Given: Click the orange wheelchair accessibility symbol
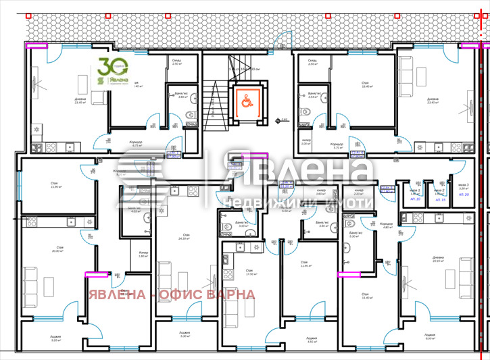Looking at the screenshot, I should (x=243, y=101).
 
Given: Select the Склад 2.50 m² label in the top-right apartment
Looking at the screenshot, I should (x=312, y=62).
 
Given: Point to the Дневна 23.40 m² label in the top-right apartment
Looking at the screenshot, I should (x=433, y=101).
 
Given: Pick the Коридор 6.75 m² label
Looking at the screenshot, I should (x=136, y=144).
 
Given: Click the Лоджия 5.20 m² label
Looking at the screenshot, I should (x=55, y=338).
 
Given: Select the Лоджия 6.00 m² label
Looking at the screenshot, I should (x=430, y=336).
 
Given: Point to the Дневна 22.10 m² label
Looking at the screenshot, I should (x=438, y=259).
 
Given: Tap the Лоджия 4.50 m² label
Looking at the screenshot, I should (x=311, y=339).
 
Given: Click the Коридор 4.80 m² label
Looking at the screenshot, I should (x=386, y=226).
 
